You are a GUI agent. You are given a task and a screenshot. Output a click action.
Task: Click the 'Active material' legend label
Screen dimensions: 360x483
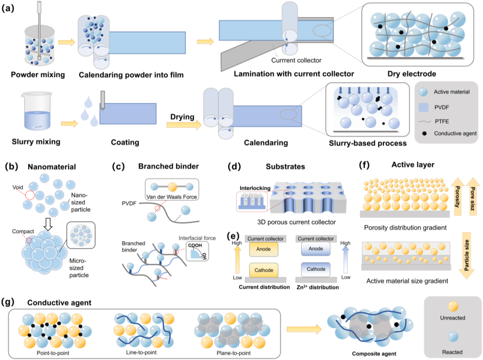point(452,92)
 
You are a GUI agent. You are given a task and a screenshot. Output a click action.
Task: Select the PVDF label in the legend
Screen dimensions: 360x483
point(442,107)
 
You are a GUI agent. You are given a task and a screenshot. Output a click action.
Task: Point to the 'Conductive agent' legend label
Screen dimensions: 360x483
point(455,134)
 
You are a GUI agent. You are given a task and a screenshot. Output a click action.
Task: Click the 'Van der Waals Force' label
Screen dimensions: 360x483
point(172,197)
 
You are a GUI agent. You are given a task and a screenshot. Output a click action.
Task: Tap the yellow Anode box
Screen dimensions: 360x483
point(263,249)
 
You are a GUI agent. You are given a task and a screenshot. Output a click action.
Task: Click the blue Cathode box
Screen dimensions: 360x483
point(316,269)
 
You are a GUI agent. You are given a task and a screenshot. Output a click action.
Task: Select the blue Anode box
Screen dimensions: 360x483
point(316,249)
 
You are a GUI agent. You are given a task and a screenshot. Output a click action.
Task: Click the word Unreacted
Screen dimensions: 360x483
point(453,318)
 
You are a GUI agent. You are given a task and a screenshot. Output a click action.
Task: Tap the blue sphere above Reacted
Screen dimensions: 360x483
point(453,337)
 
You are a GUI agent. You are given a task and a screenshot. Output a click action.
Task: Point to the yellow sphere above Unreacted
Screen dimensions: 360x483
point(453,306)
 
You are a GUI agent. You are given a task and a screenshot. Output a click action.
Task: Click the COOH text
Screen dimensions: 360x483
point(195,246)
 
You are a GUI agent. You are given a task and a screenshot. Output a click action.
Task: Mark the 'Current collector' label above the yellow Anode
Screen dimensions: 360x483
point(265,239)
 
